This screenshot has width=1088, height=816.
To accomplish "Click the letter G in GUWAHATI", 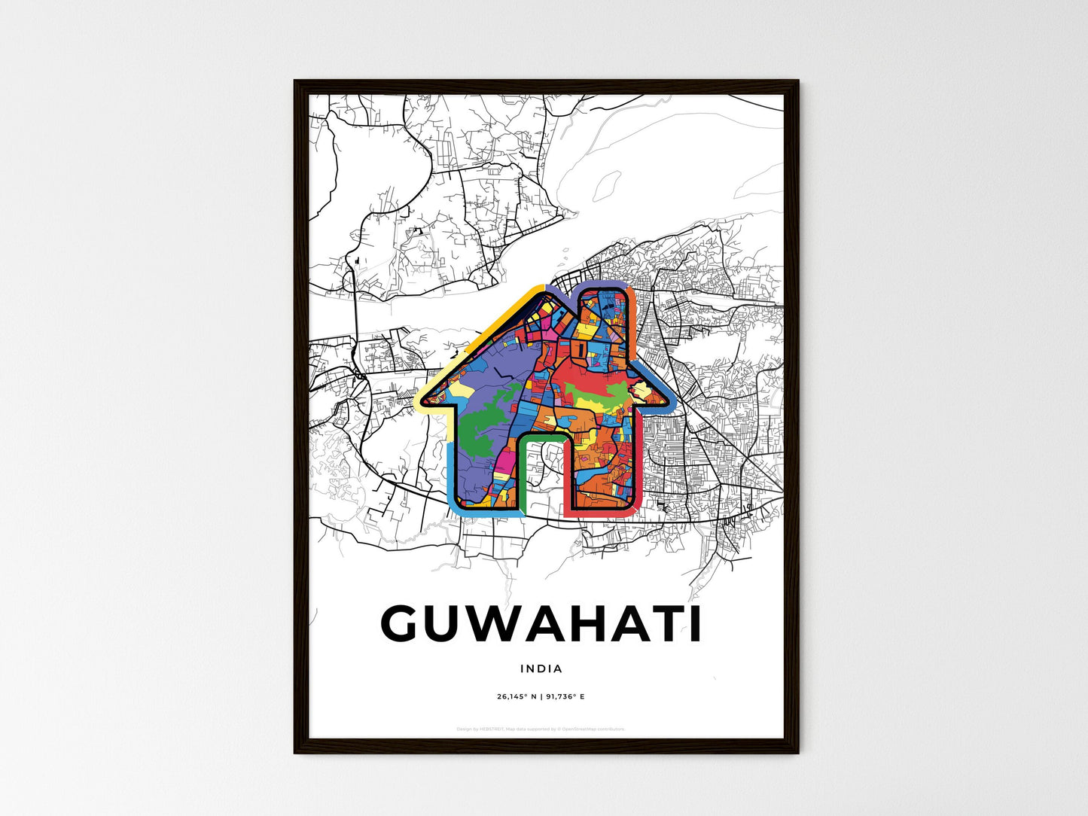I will [407, 623].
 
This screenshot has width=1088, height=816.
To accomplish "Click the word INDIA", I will [541, 668].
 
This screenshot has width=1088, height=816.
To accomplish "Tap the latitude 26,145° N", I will [516, 696].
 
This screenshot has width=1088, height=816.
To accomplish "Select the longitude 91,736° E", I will [565, 696].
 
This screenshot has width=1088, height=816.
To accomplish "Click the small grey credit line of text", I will [541, 729].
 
